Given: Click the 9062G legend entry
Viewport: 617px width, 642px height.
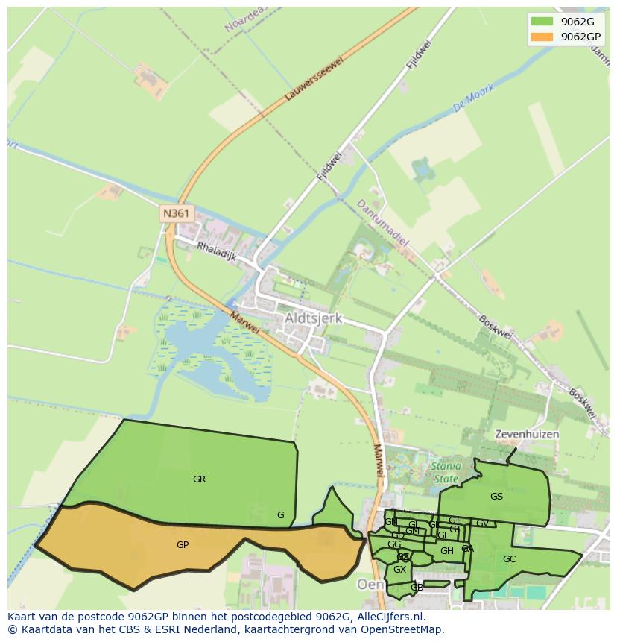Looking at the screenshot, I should pos(577,22).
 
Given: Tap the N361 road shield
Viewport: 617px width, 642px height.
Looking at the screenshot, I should pos(177,214).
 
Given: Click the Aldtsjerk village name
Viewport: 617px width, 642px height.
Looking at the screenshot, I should pos(313,318).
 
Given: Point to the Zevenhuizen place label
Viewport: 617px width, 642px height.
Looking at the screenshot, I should pos(527,434).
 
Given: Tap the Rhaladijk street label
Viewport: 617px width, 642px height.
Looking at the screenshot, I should pos(216,250).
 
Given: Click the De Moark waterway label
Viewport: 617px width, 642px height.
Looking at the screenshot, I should pos(475,98).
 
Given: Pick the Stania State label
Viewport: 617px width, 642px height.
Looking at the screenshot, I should pos(446,472).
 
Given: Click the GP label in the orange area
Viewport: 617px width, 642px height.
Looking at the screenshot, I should pos(183,545).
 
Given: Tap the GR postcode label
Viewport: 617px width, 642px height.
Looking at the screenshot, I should pos(199,479).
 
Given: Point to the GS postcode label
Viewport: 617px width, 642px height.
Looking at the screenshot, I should pos(496,496).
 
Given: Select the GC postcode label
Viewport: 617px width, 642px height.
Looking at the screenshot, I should pos(509,558).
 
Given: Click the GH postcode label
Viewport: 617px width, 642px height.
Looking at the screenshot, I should pos(446,551).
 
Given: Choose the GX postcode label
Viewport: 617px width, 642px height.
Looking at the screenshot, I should pos(399,570).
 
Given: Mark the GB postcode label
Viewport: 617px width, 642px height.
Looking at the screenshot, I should pos(417,588).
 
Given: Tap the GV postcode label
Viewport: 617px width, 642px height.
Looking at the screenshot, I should pos(482,523).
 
